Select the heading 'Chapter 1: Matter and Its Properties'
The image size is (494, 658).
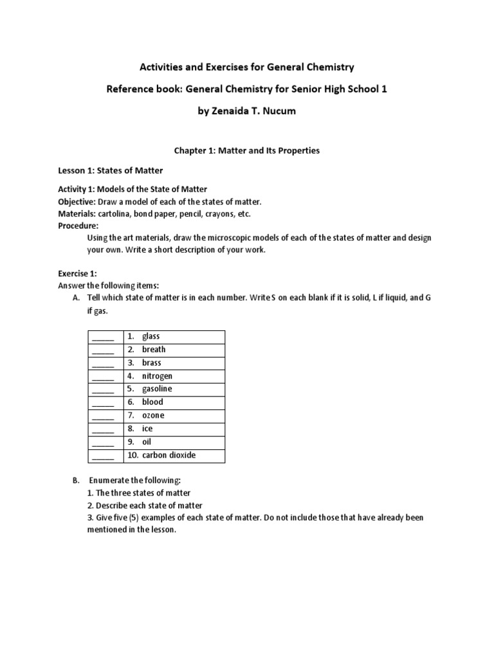[247, 150]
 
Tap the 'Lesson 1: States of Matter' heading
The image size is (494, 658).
[107, 170]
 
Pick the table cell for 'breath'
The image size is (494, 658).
[154, 350]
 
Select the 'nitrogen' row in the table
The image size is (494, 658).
[157, 376]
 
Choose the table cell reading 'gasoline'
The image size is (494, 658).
[157, 389]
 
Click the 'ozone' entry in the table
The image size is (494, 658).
[153, 416]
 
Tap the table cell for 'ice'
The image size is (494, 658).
[147, 429]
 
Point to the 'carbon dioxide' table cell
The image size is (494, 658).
[169, 456]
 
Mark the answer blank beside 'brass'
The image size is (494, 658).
[103, 363]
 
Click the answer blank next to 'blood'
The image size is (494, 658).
[103, 403]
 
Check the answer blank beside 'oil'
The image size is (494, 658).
[103, 443]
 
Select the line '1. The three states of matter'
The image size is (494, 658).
[139, 493]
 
